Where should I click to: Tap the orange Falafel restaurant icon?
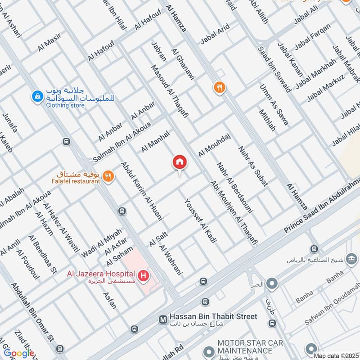[x=107, y=177]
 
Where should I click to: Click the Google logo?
[x=19, y=353]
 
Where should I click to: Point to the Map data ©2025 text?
[x=335, y=355]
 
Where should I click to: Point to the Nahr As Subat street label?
[x=253, y=166]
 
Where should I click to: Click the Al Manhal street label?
[x=155, y=141]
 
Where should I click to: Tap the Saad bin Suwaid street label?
[x=274, y=70]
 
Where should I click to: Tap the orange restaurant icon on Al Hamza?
[x=219, y=87]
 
